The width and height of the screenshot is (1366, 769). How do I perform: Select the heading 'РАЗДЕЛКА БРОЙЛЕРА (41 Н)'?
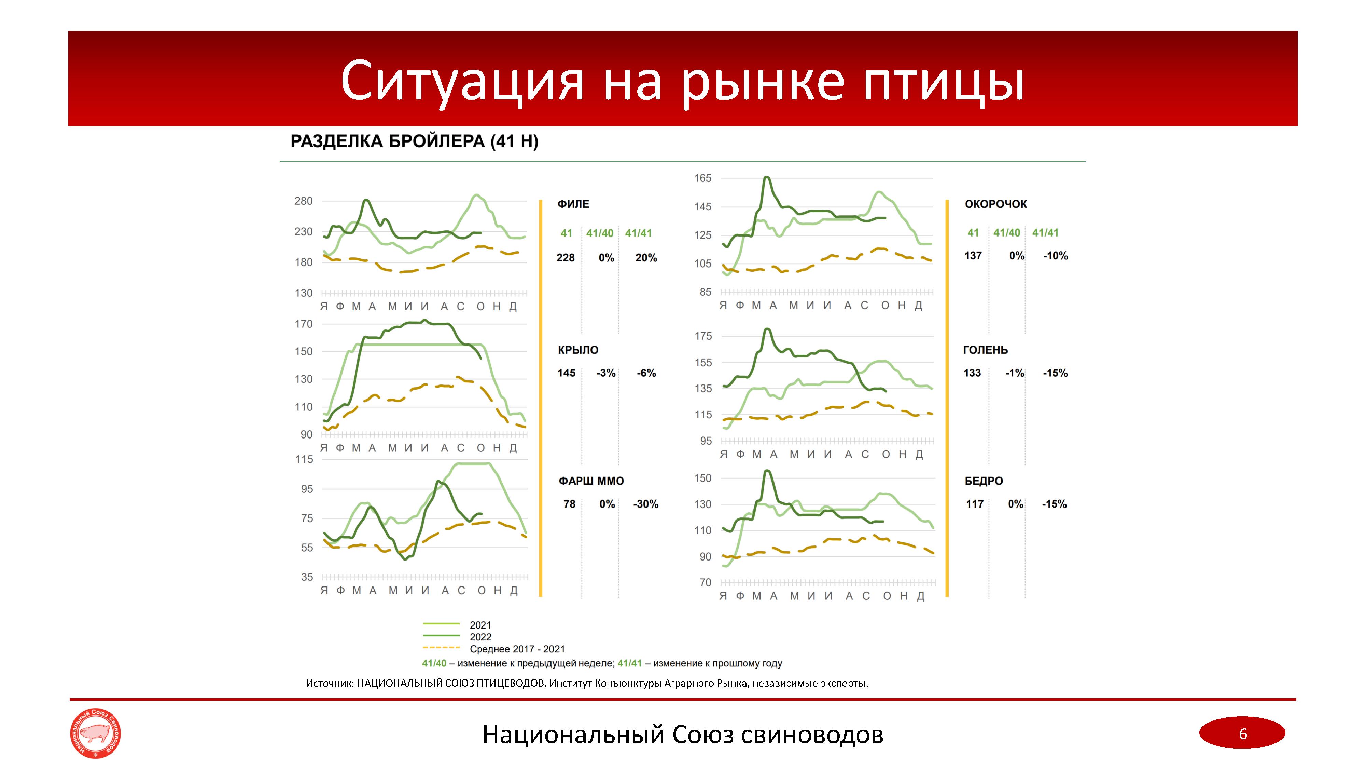(414, 142)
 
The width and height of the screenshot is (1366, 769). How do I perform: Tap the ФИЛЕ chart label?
(573, 204)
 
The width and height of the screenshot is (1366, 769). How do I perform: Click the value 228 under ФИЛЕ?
(565, 258)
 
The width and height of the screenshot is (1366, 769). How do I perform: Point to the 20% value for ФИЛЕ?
(646, 258)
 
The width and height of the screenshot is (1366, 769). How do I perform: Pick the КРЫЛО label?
(578, 350)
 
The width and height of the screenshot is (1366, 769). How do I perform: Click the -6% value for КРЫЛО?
(646, 373)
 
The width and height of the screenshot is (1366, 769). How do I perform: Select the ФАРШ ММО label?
(591, 481)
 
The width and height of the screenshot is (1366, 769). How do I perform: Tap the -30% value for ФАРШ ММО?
(645, 504)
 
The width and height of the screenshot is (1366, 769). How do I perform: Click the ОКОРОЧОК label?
(995, 204)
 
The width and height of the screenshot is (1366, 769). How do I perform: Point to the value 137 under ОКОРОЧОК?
(973, 256)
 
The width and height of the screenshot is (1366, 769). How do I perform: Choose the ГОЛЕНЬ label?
(985, 350)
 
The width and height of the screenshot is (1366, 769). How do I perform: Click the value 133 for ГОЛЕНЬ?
(972, 373)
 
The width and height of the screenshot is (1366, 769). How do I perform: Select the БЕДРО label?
(984, 481)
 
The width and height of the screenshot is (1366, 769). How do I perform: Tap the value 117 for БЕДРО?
(975, 504)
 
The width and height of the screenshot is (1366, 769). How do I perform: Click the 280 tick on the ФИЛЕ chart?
(303, 201)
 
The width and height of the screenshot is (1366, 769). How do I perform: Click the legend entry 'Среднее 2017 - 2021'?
(517, 649)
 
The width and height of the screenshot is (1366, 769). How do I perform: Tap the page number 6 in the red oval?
(1242, 734)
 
